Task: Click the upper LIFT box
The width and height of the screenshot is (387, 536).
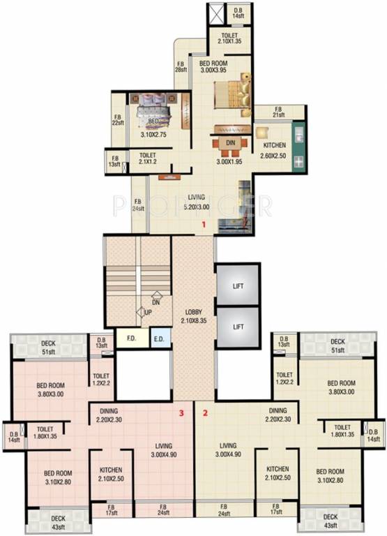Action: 238,285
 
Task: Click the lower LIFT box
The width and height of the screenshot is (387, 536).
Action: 238,326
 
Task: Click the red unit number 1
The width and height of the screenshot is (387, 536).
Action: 203,225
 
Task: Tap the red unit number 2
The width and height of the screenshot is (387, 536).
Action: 205,412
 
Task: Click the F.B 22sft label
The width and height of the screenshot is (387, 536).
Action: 117,120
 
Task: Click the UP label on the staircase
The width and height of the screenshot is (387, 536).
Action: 148,312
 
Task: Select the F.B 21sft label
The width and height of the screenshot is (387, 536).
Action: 278,112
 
